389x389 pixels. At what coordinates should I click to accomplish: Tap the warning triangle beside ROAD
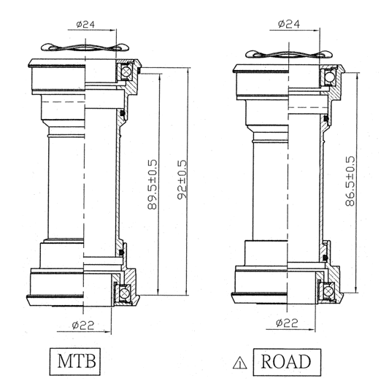click(237, 362)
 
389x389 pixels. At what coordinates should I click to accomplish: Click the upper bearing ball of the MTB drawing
click(125, 72)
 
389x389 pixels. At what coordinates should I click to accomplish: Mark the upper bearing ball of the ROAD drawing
click(329, 76)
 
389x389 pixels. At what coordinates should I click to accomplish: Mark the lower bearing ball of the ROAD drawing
click(328, 290)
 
